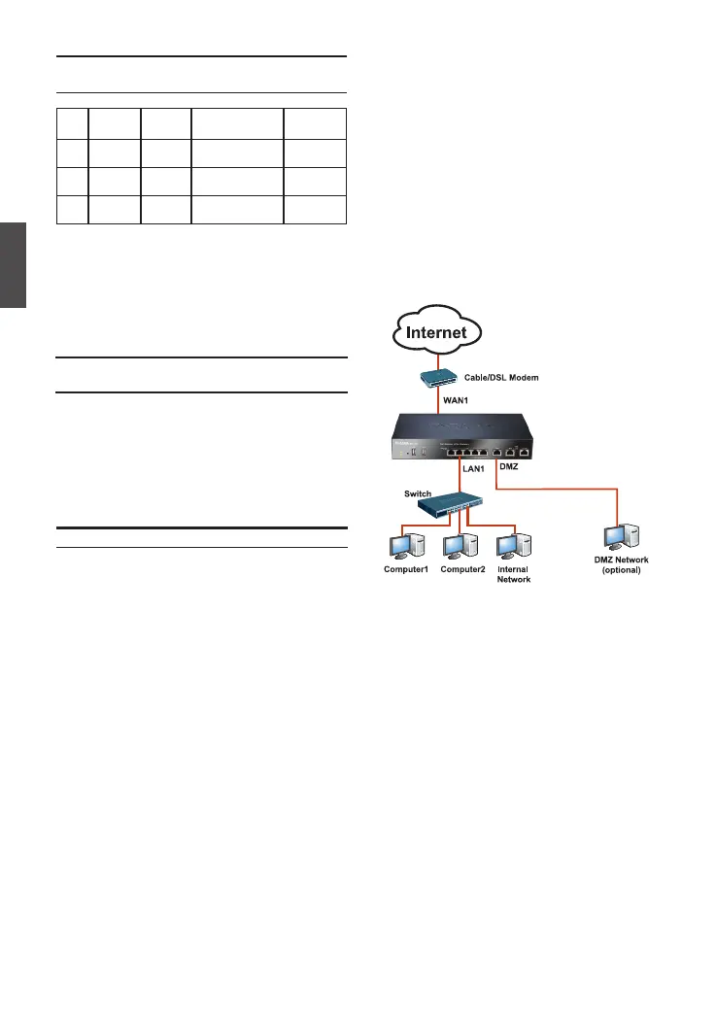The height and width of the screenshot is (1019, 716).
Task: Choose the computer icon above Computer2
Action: [455, 549]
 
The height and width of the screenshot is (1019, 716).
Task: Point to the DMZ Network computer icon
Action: [621, 539]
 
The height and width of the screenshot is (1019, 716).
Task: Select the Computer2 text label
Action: [462, 570]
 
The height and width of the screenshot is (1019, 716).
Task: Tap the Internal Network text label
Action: [513, 574]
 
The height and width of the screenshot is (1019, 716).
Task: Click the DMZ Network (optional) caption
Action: [621, 565]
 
